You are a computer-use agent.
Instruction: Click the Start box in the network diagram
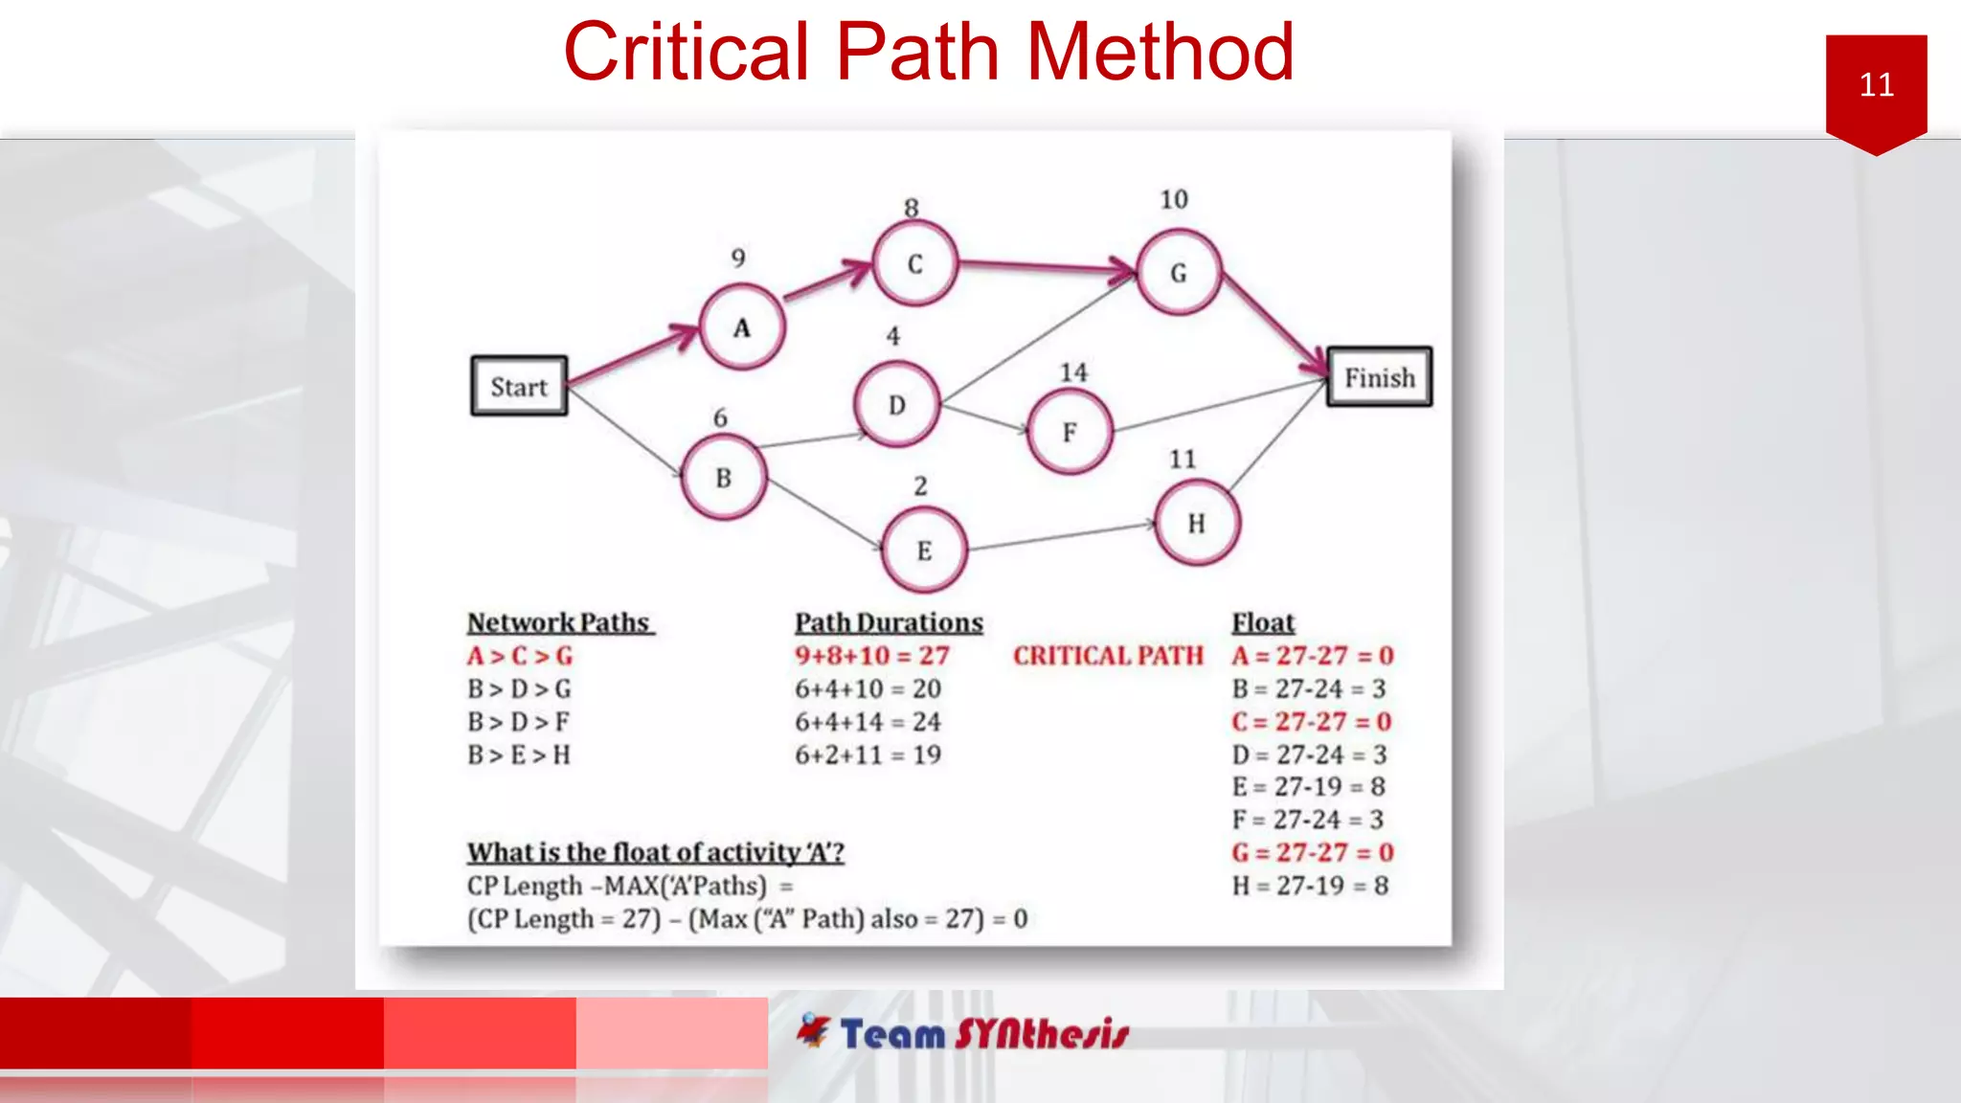pyautogui.click(x=519, y=386)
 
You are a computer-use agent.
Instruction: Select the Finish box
pyautogui.click(x=1379, y=377)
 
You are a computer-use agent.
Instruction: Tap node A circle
pyautogui.click(x=742, y=327)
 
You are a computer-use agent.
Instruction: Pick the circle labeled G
pyautogui.click(x=1179, y=273)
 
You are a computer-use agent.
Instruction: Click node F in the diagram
pyautogui.click(x=1070, y=432)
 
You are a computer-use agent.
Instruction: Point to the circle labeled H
pyautogui.click(x=1197, y=523)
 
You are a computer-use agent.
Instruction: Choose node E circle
pyautogui.click(x=924, y=551)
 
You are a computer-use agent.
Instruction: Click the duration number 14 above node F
pyautogui.click(x=1073, y=372)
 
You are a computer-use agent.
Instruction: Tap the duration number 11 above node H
pyautogui.click(x=1183, y=460)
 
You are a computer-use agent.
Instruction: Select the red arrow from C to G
pyautogui.click(x=1044, y=266)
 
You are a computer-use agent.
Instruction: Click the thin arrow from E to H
pyautogui.click(x=1063, y=537)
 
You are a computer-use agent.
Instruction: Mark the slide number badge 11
pyautogui.click(x=1876, y=86)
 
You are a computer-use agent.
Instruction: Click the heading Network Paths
pyautogui.click(x=559, y=622)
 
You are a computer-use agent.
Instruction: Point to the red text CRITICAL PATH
pyautogui.click(x=1108, y=656)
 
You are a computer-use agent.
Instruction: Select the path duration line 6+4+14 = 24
pyautogui.click(x=868, y=722)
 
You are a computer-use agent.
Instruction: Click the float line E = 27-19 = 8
pyautogui.click(x=1309, y=787)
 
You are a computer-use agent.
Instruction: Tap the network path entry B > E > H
pyautogui.click(x=519, y=755)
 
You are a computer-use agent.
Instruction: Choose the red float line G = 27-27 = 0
pyautogui.click(x=1312, y=852)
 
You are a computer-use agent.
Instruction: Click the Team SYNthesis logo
pyautogui.click(x=963, y=1033)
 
